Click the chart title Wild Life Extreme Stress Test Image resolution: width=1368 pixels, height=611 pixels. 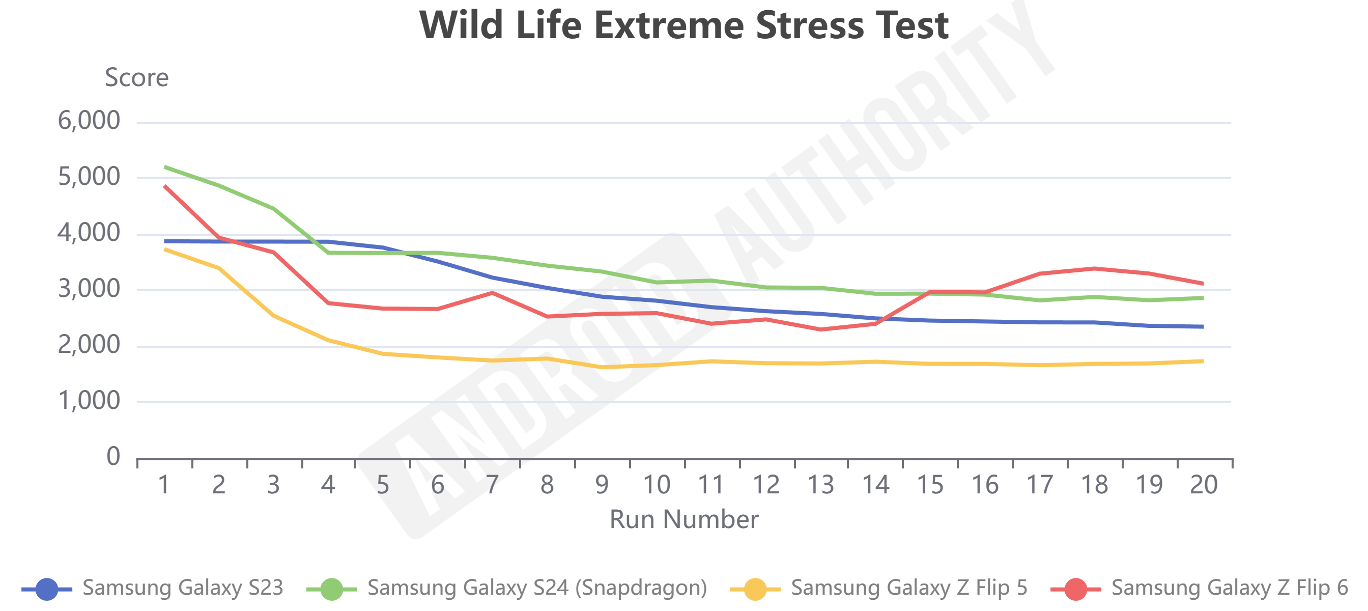[683, 25]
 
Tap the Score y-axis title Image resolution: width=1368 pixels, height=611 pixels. [136, 77]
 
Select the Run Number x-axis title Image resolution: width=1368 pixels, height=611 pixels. [683, 519]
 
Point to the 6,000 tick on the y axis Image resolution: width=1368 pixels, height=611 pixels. [89, 121]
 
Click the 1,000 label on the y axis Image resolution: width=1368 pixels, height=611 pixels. [89, 401]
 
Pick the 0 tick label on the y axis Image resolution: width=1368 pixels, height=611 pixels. [113, 456]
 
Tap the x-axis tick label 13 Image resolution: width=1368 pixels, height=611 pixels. [820, 485]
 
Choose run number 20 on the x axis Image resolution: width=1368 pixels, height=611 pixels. [1204, 485]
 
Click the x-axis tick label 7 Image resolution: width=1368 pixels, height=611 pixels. [492, 485]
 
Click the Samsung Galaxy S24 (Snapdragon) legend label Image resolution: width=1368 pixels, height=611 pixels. [537, 588]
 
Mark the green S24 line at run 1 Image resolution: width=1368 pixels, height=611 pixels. [165, 167]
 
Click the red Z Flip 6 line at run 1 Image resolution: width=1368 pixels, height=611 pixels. [165, 186]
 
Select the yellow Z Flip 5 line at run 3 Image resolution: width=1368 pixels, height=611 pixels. [274, 316]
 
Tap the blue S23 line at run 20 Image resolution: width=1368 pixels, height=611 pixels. [1203, 327]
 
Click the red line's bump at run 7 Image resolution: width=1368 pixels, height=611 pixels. [492, 293]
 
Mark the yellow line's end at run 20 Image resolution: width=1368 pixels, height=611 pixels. [1203, 362]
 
